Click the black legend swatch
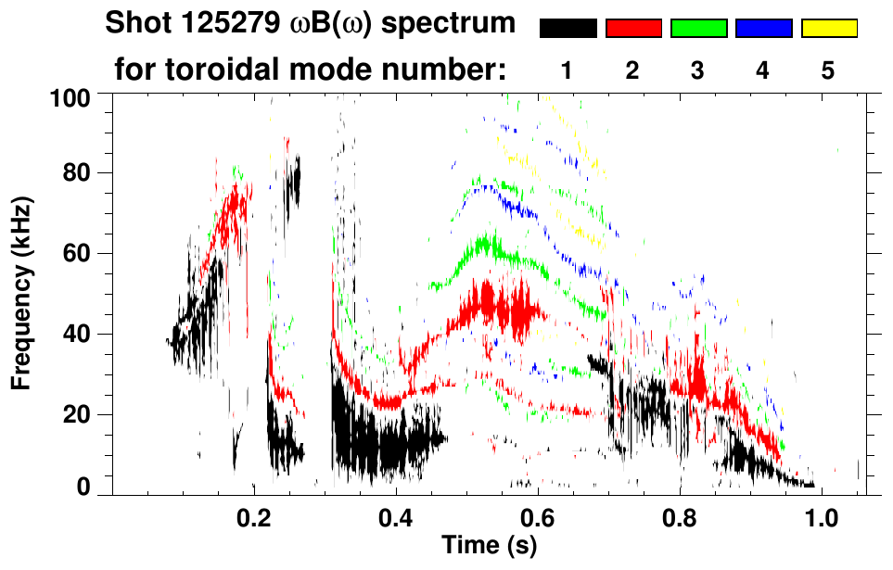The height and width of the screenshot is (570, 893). [568, 29]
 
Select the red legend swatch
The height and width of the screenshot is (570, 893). [633, 29]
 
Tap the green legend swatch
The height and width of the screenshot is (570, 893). [698, 29]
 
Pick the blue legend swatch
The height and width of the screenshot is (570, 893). [763, 29]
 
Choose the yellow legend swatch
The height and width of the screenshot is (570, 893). [828, 29]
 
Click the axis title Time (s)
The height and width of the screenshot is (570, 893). [489, 545]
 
